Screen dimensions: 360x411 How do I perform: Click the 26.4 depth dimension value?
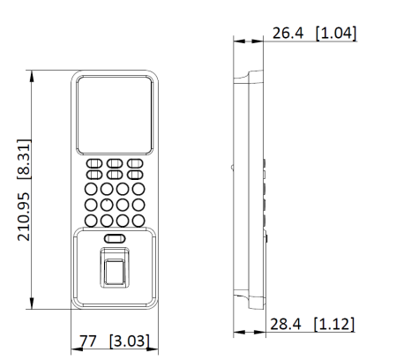click(x=289, y=33)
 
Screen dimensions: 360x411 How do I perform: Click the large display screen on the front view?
click(x=115, y=113)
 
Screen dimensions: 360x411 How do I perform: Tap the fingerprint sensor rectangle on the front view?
click(x=114, y=268)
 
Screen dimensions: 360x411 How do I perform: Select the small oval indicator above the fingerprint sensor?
click(x=114, y=239)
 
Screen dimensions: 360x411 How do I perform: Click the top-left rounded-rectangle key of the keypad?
click(x=93, y=163)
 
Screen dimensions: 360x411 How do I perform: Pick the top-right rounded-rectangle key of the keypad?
click(x=135, y=163)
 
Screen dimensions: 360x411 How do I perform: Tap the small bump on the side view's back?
click(x=232, y=165)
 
